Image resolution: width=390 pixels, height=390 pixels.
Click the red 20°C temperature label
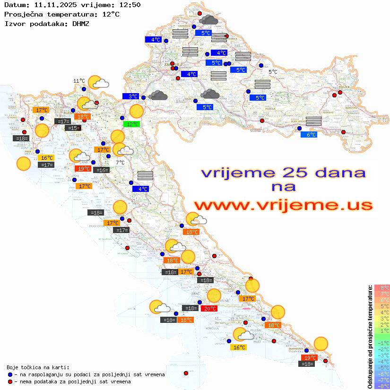pyautogui.click(x=209, y=308)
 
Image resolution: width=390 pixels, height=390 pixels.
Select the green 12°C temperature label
pyautogui.click(x=132, y=124)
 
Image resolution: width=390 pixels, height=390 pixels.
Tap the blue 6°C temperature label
pyautogui.click(x=309, y=134)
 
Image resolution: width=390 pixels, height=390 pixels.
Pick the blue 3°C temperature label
pyautogui.click(x=131, y=96)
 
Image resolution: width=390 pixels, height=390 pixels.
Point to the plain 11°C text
pyautogui.click(x=79, y=81)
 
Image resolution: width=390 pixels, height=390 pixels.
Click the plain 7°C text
pyautogui.click(x=121, y=162)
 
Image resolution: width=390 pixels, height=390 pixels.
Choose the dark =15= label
pyautogui.click(x=73, y=128)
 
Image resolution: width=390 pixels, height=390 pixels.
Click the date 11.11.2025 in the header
pyautogui.click(x=56, y=5)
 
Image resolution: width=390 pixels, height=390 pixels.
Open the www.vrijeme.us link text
pyautogui.click(x=283, y=205)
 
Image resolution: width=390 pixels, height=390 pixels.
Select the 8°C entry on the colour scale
pyautogui.click(x=382, y=287)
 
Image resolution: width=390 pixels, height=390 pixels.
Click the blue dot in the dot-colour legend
pyautogui.click(x=10, y=374)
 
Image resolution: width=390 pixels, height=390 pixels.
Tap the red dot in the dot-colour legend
pyautogui.click(x=10, y=381)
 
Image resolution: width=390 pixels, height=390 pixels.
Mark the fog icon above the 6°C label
pyautogui.click(x=314, y=121)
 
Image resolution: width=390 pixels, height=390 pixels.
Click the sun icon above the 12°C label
pyautogui.click(x=136, y=112)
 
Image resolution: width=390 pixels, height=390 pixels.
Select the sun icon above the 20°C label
pyautogui.click(x=214, y=295)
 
